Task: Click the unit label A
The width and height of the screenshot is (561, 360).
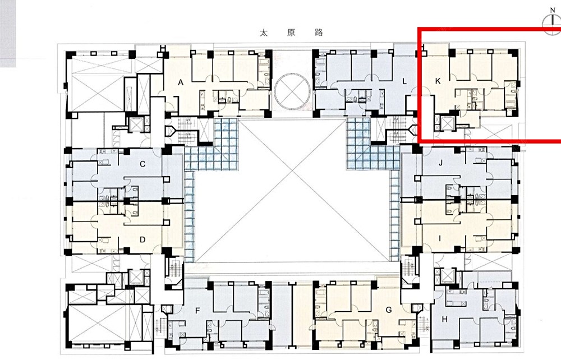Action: (181, 83)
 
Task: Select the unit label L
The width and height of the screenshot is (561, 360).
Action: (404, 81)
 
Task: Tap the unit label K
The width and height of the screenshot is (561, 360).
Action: (438, 81)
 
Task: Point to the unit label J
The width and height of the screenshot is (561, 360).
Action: (441, 163)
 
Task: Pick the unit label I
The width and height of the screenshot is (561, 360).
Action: (439, 238)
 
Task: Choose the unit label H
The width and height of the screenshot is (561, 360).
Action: (444, 319)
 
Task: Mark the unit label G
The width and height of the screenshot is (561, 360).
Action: (389, 310)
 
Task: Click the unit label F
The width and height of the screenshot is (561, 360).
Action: (197, 311)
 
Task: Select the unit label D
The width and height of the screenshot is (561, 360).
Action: (142, 239)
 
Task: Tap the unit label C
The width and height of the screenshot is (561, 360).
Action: (142, 164)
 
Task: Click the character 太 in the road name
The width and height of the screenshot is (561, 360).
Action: (264, 33)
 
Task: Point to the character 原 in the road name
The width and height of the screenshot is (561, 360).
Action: (291, 33)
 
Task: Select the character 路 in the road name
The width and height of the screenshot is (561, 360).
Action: (319, 33)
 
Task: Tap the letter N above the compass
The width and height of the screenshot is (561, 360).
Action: (553, 11)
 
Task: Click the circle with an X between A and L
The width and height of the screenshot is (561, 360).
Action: (292, 90)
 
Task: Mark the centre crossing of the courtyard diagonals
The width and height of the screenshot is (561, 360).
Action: (292, 172)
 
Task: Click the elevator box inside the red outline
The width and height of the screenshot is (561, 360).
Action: (448, 123)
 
